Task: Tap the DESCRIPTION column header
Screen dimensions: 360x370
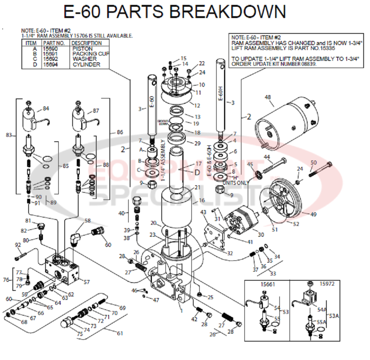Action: pos(86,43)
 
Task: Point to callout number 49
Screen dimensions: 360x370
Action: pos(313,215)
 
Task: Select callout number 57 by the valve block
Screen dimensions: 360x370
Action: pos(86,281)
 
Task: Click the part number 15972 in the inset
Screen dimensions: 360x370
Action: pos(327,284)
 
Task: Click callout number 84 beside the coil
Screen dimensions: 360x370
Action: pos(46,109)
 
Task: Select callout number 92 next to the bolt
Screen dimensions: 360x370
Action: pos(18,245)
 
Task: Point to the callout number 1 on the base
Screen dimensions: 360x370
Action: pos(181,310)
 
